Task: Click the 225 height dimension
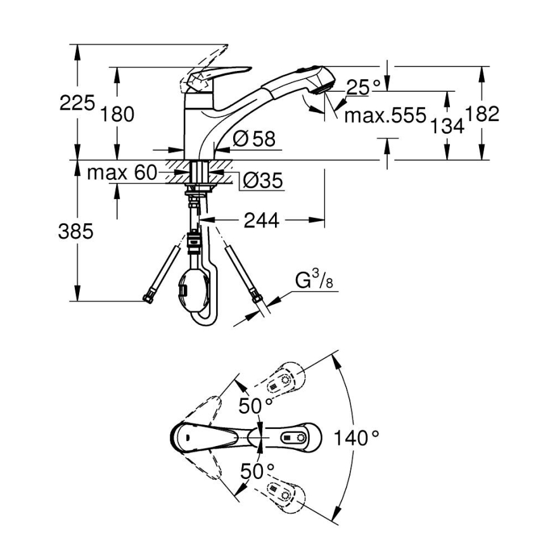click(x=77, y=102)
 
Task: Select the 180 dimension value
click(x=117, y=114)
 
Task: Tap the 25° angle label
click(x=363, y=87)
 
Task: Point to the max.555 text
click(x=385, y=115)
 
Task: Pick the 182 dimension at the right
click(x=482, y=114)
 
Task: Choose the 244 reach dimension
click(x=260, y=220)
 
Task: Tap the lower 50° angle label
click(x=257, y=471)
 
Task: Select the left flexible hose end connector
click(x=151, y=295)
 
